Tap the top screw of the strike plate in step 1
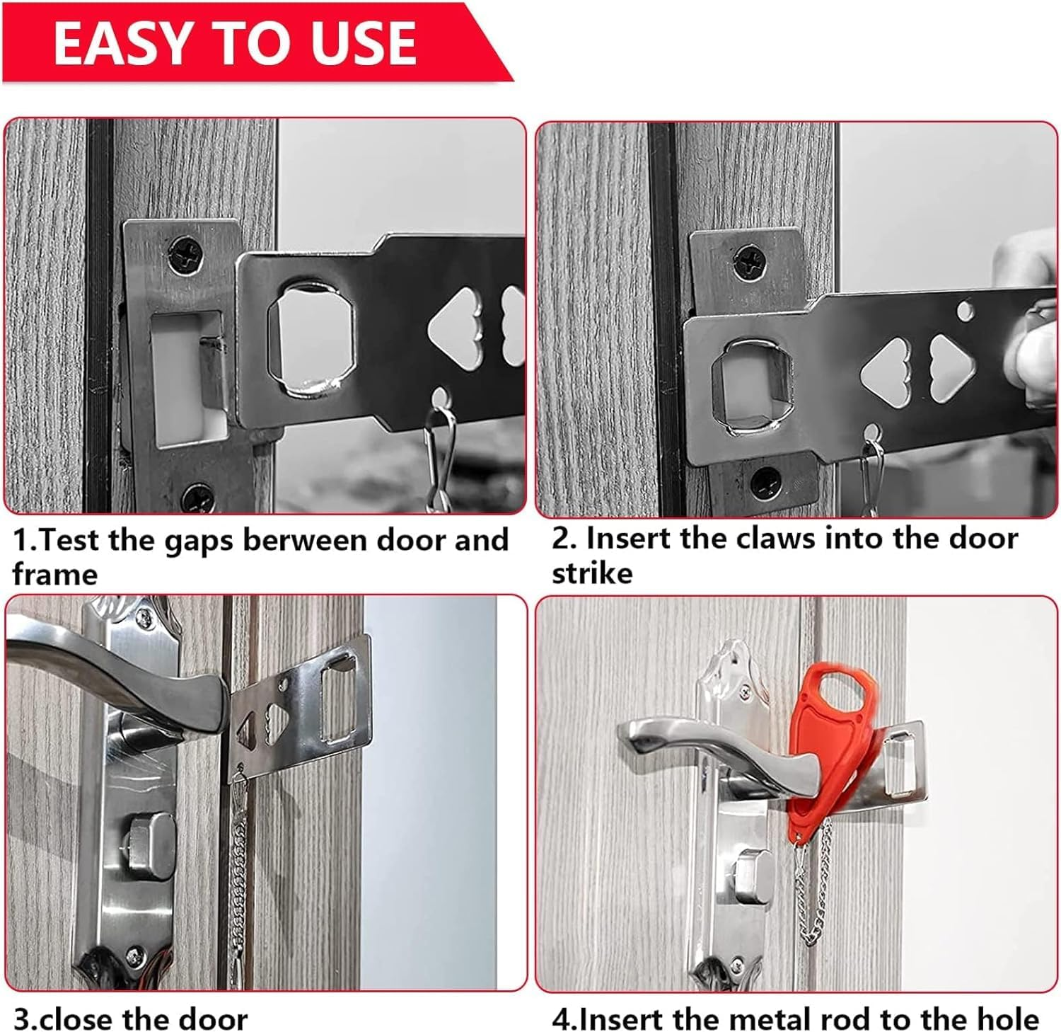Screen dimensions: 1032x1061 tap(185, 253)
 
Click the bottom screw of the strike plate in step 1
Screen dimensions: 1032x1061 tap(197, 498)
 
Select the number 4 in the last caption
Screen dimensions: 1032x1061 tap(561, 1019)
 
